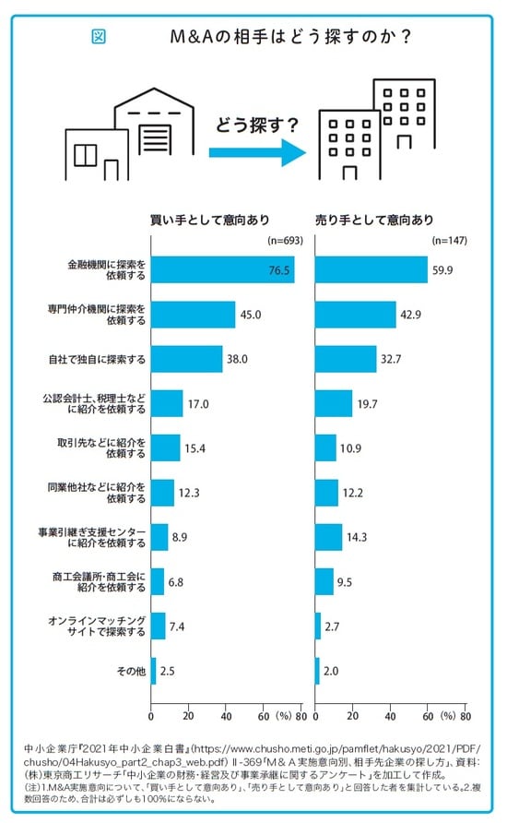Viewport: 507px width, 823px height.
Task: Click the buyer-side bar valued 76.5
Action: pos(222,269)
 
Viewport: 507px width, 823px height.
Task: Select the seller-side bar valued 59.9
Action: pos(371,269)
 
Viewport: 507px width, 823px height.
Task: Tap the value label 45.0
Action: pos(251,315)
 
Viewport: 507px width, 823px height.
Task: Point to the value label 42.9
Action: pos(412,315)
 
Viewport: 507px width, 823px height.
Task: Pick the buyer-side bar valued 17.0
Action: pos(167,403)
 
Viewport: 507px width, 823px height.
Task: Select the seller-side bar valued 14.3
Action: pos(329,537)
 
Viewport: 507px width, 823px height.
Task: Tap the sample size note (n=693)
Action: pos(284,241)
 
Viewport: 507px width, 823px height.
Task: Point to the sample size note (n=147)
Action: pos(449,241)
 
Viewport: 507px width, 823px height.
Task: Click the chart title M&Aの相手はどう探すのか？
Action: pos(290,38)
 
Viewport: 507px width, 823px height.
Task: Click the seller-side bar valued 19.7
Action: pos(334,403)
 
